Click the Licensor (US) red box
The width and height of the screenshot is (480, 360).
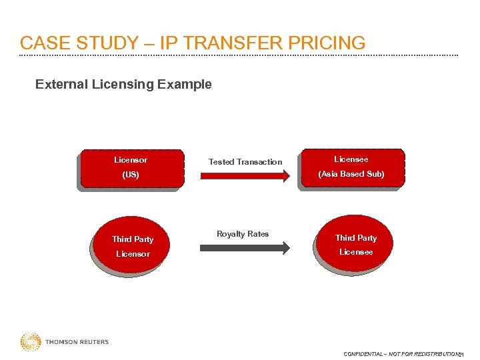coord(130,169)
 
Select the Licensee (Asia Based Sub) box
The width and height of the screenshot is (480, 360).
coord(351,169)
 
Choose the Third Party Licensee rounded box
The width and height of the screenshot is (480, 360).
coord(355,245)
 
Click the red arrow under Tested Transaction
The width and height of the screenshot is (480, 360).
coord(245,176)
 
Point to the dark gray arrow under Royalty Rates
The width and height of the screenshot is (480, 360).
coord(245,247)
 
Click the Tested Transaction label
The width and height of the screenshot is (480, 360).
coord(245,162)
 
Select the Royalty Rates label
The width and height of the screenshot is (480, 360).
coord(243,234)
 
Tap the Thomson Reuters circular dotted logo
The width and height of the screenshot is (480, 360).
coord(30,342)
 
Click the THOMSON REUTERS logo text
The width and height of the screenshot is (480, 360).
coord(77,342)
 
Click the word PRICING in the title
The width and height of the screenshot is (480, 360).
coord(326,43)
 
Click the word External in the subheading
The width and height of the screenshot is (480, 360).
coord(60,85)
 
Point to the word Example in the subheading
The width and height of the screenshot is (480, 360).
coord(187,85)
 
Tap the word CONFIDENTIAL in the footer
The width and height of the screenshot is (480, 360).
coord(363,354)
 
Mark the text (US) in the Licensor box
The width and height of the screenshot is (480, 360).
coord(131,175)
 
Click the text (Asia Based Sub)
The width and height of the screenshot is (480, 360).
coord(351,174)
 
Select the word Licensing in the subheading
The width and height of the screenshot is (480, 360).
coord(123,85)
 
